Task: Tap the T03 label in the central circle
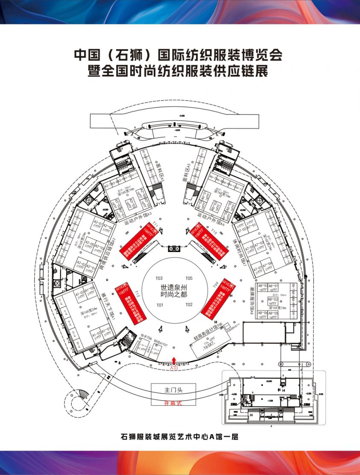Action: tap(160, 278)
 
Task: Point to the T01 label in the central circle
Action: tap(160, 305)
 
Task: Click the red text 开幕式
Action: tap(173, 403)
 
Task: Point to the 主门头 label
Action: tap(173, 390)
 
